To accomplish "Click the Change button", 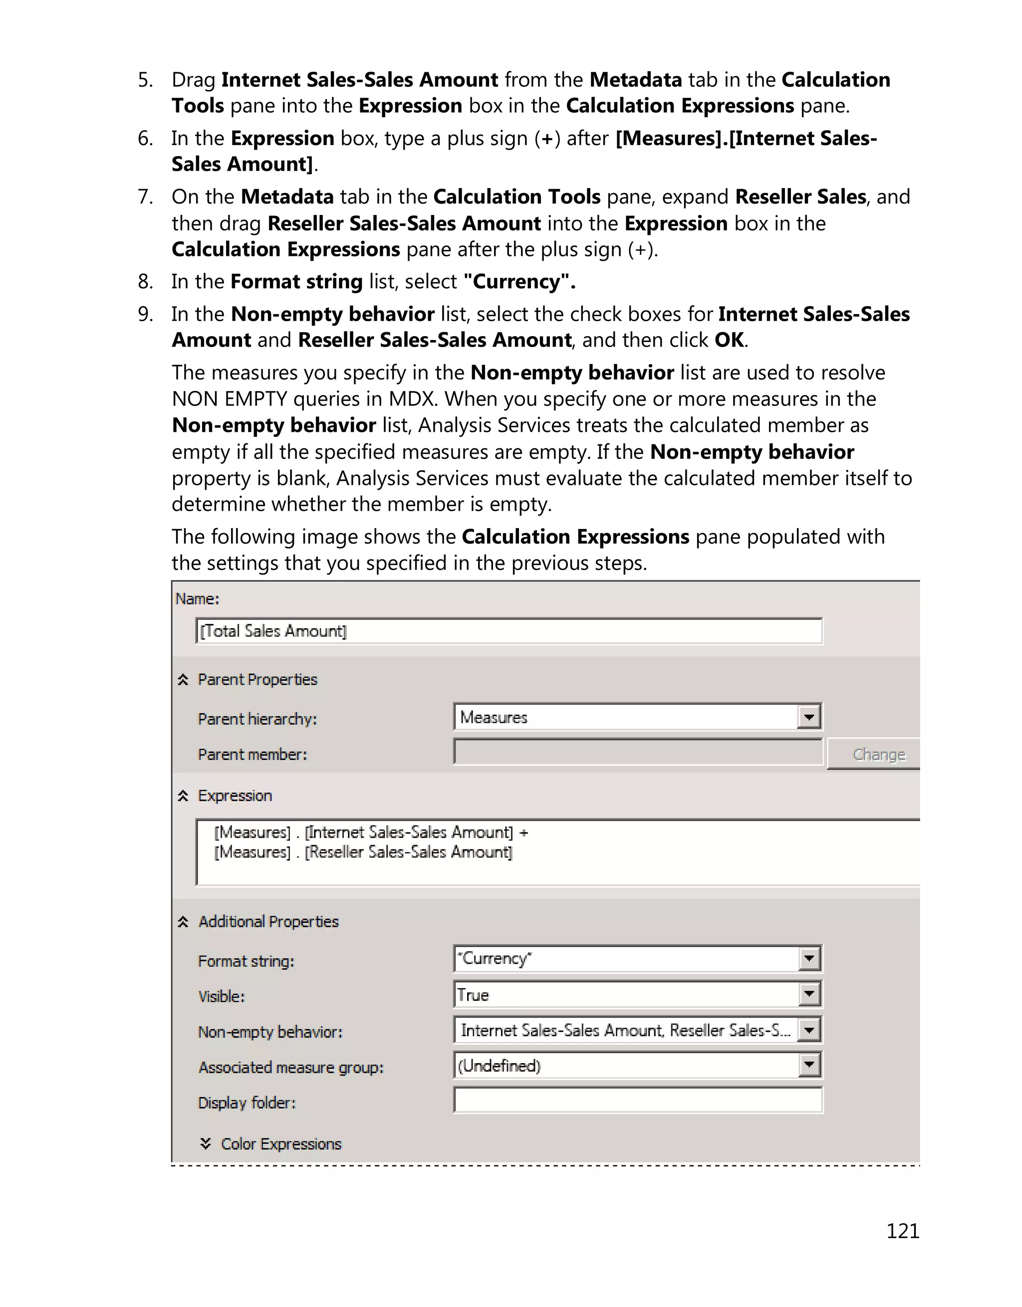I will coord(878,754).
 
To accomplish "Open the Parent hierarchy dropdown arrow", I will coord(809,717).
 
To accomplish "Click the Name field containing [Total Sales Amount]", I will coord(509,631).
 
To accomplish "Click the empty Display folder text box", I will coord(638,1100).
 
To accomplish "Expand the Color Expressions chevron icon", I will coord(206,1143).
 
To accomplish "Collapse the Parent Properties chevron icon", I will coord(183,679).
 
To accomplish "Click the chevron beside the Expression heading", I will coord(183,795).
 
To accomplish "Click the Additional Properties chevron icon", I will coord(183,922).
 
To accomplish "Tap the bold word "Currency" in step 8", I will coord(518,281).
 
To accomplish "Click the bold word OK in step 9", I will coord(729,340).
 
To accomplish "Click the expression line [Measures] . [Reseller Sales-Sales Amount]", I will coord(363,852).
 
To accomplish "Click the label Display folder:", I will coord(247,1103).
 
